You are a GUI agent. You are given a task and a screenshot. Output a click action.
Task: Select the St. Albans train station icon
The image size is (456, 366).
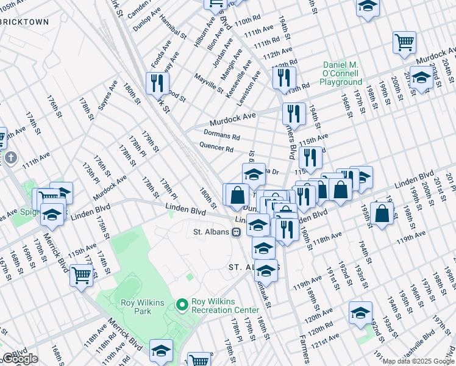[235, 232]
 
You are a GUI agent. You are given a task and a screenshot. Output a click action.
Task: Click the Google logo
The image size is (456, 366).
[20, 359]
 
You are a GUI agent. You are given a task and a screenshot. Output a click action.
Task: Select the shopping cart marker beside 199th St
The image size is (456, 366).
[405, 42]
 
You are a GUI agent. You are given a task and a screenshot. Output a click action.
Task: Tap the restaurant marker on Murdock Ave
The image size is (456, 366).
[294, 113]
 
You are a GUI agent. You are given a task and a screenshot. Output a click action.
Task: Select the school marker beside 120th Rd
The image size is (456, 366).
[360, 312]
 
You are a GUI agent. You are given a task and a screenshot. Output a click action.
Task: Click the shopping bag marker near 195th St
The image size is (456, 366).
[382, 214]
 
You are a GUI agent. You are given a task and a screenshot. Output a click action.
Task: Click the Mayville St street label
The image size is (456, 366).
[208, 84]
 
